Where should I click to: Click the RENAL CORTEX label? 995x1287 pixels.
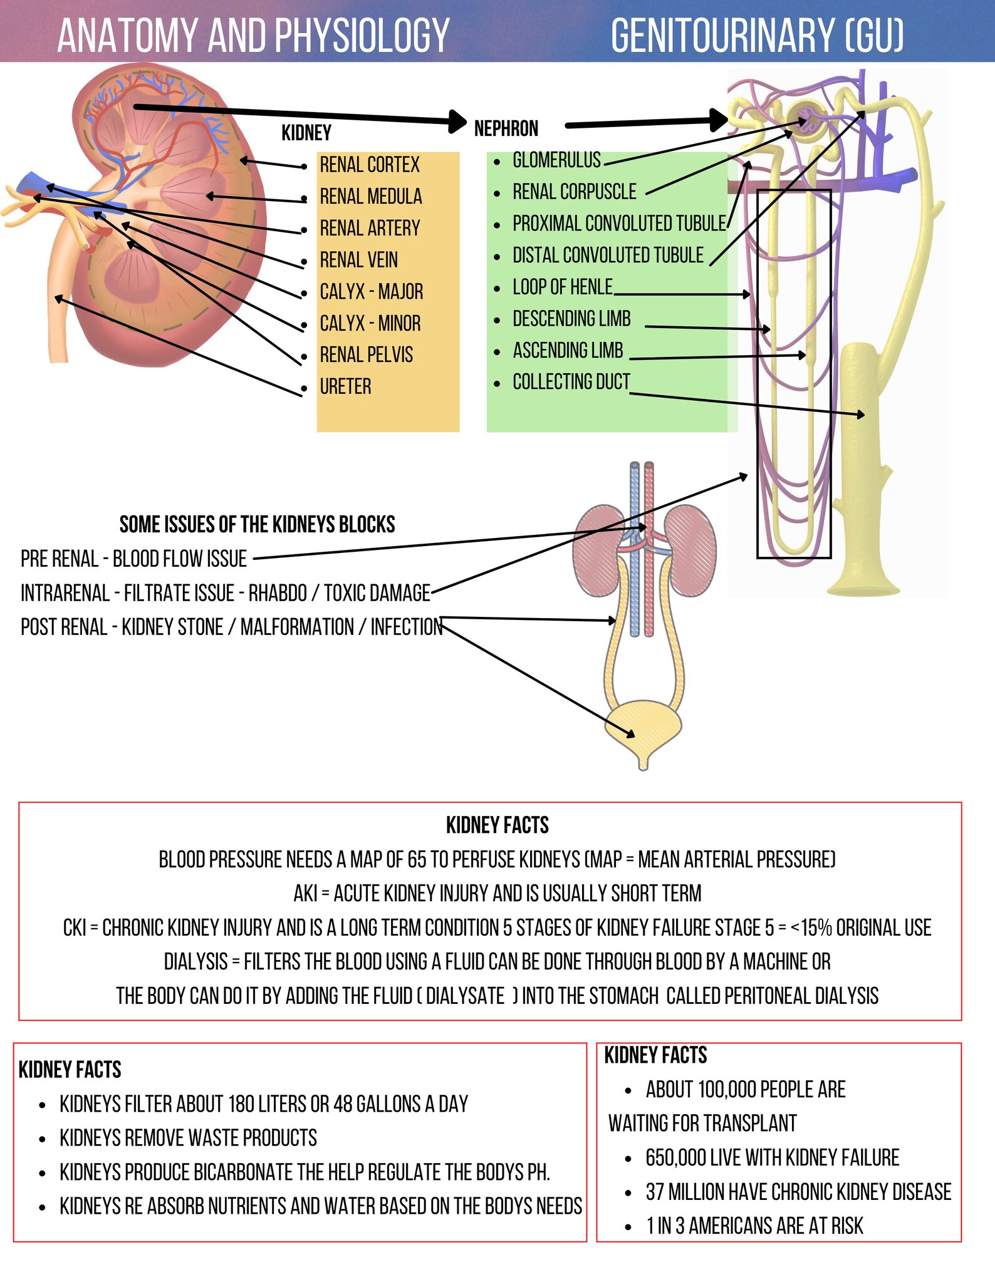369,165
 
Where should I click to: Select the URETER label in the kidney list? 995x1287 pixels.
345,386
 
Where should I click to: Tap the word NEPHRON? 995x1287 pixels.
506,128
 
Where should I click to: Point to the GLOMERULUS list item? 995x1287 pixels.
556,160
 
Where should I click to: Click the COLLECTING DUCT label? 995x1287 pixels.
571,381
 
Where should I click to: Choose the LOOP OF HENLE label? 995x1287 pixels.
562,287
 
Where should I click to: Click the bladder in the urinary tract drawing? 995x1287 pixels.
643,726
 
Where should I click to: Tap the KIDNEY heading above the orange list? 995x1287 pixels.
306,133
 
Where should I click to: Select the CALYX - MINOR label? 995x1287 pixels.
370,323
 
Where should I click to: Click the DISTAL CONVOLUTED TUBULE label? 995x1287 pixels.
608,256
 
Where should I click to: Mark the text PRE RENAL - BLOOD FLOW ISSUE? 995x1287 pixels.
133,559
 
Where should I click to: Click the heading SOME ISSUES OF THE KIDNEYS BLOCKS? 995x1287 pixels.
257,524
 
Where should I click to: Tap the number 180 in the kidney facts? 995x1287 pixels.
241,1104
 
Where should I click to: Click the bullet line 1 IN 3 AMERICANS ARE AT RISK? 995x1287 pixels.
754,1226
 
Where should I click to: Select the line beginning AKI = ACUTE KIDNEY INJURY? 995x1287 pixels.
497,893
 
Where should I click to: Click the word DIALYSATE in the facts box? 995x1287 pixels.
465,995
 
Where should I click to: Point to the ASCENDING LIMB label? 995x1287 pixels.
568,350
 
